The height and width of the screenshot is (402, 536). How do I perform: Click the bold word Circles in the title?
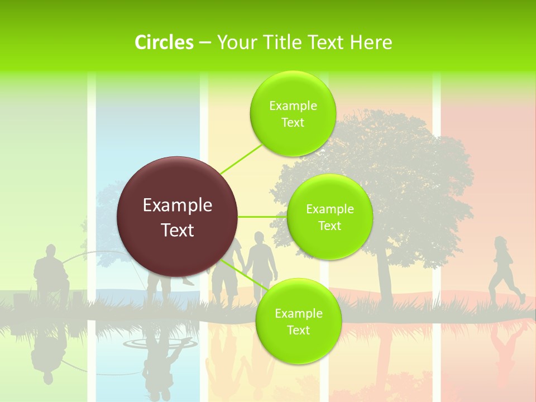(x=164, y=42)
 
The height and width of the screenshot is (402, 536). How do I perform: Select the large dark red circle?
(x=178, y=217)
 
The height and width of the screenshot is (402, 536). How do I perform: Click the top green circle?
(x=293, y=114)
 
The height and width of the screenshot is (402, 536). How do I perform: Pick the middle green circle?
(x=329, y=217)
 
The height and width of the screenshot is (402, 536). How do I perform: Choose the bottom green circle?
(x=298, y=322)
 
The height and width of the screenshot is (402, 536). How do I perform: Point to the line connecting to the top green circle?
(x=241, y=159)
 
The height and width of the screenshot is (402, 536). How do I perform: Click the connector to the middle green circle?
(x=262, y=217)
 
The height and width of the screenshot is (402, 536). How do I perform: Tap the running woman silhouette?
(x=504, y=271)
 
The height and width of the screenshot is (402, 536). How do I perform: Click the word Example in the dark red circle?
(x=178, y=205)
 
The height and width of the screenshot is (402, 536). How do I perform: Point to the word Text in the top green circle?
(x=293, y=123)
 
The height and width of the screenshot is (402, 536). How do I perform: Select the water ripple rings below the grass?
(x=176, y=344)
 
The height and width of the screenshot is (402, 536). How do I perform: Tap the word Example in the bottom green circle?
(x=298, y=314)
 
